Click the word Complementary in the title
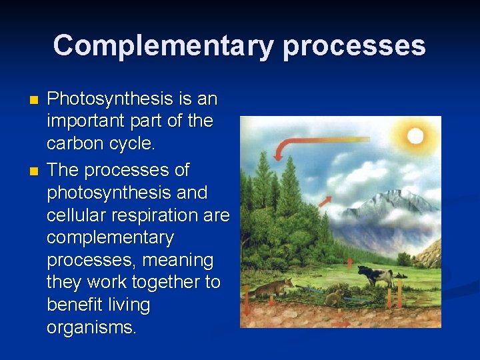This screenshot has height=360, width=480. (x=163, y=46)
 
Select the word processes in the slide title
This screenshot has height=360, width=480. (x=354, y=46)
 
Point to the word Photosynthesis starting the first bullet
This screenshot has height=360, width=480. (x=111, y=99)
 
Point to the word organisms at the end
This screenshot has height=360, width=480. (x=91, y=328)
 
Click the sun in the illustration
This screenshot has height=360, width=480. (x=415, y=136)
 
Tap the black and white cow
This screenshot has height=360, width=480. (x=375, y=275)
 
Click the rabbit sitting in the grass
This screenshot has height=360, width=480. (x=333, y=296)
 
